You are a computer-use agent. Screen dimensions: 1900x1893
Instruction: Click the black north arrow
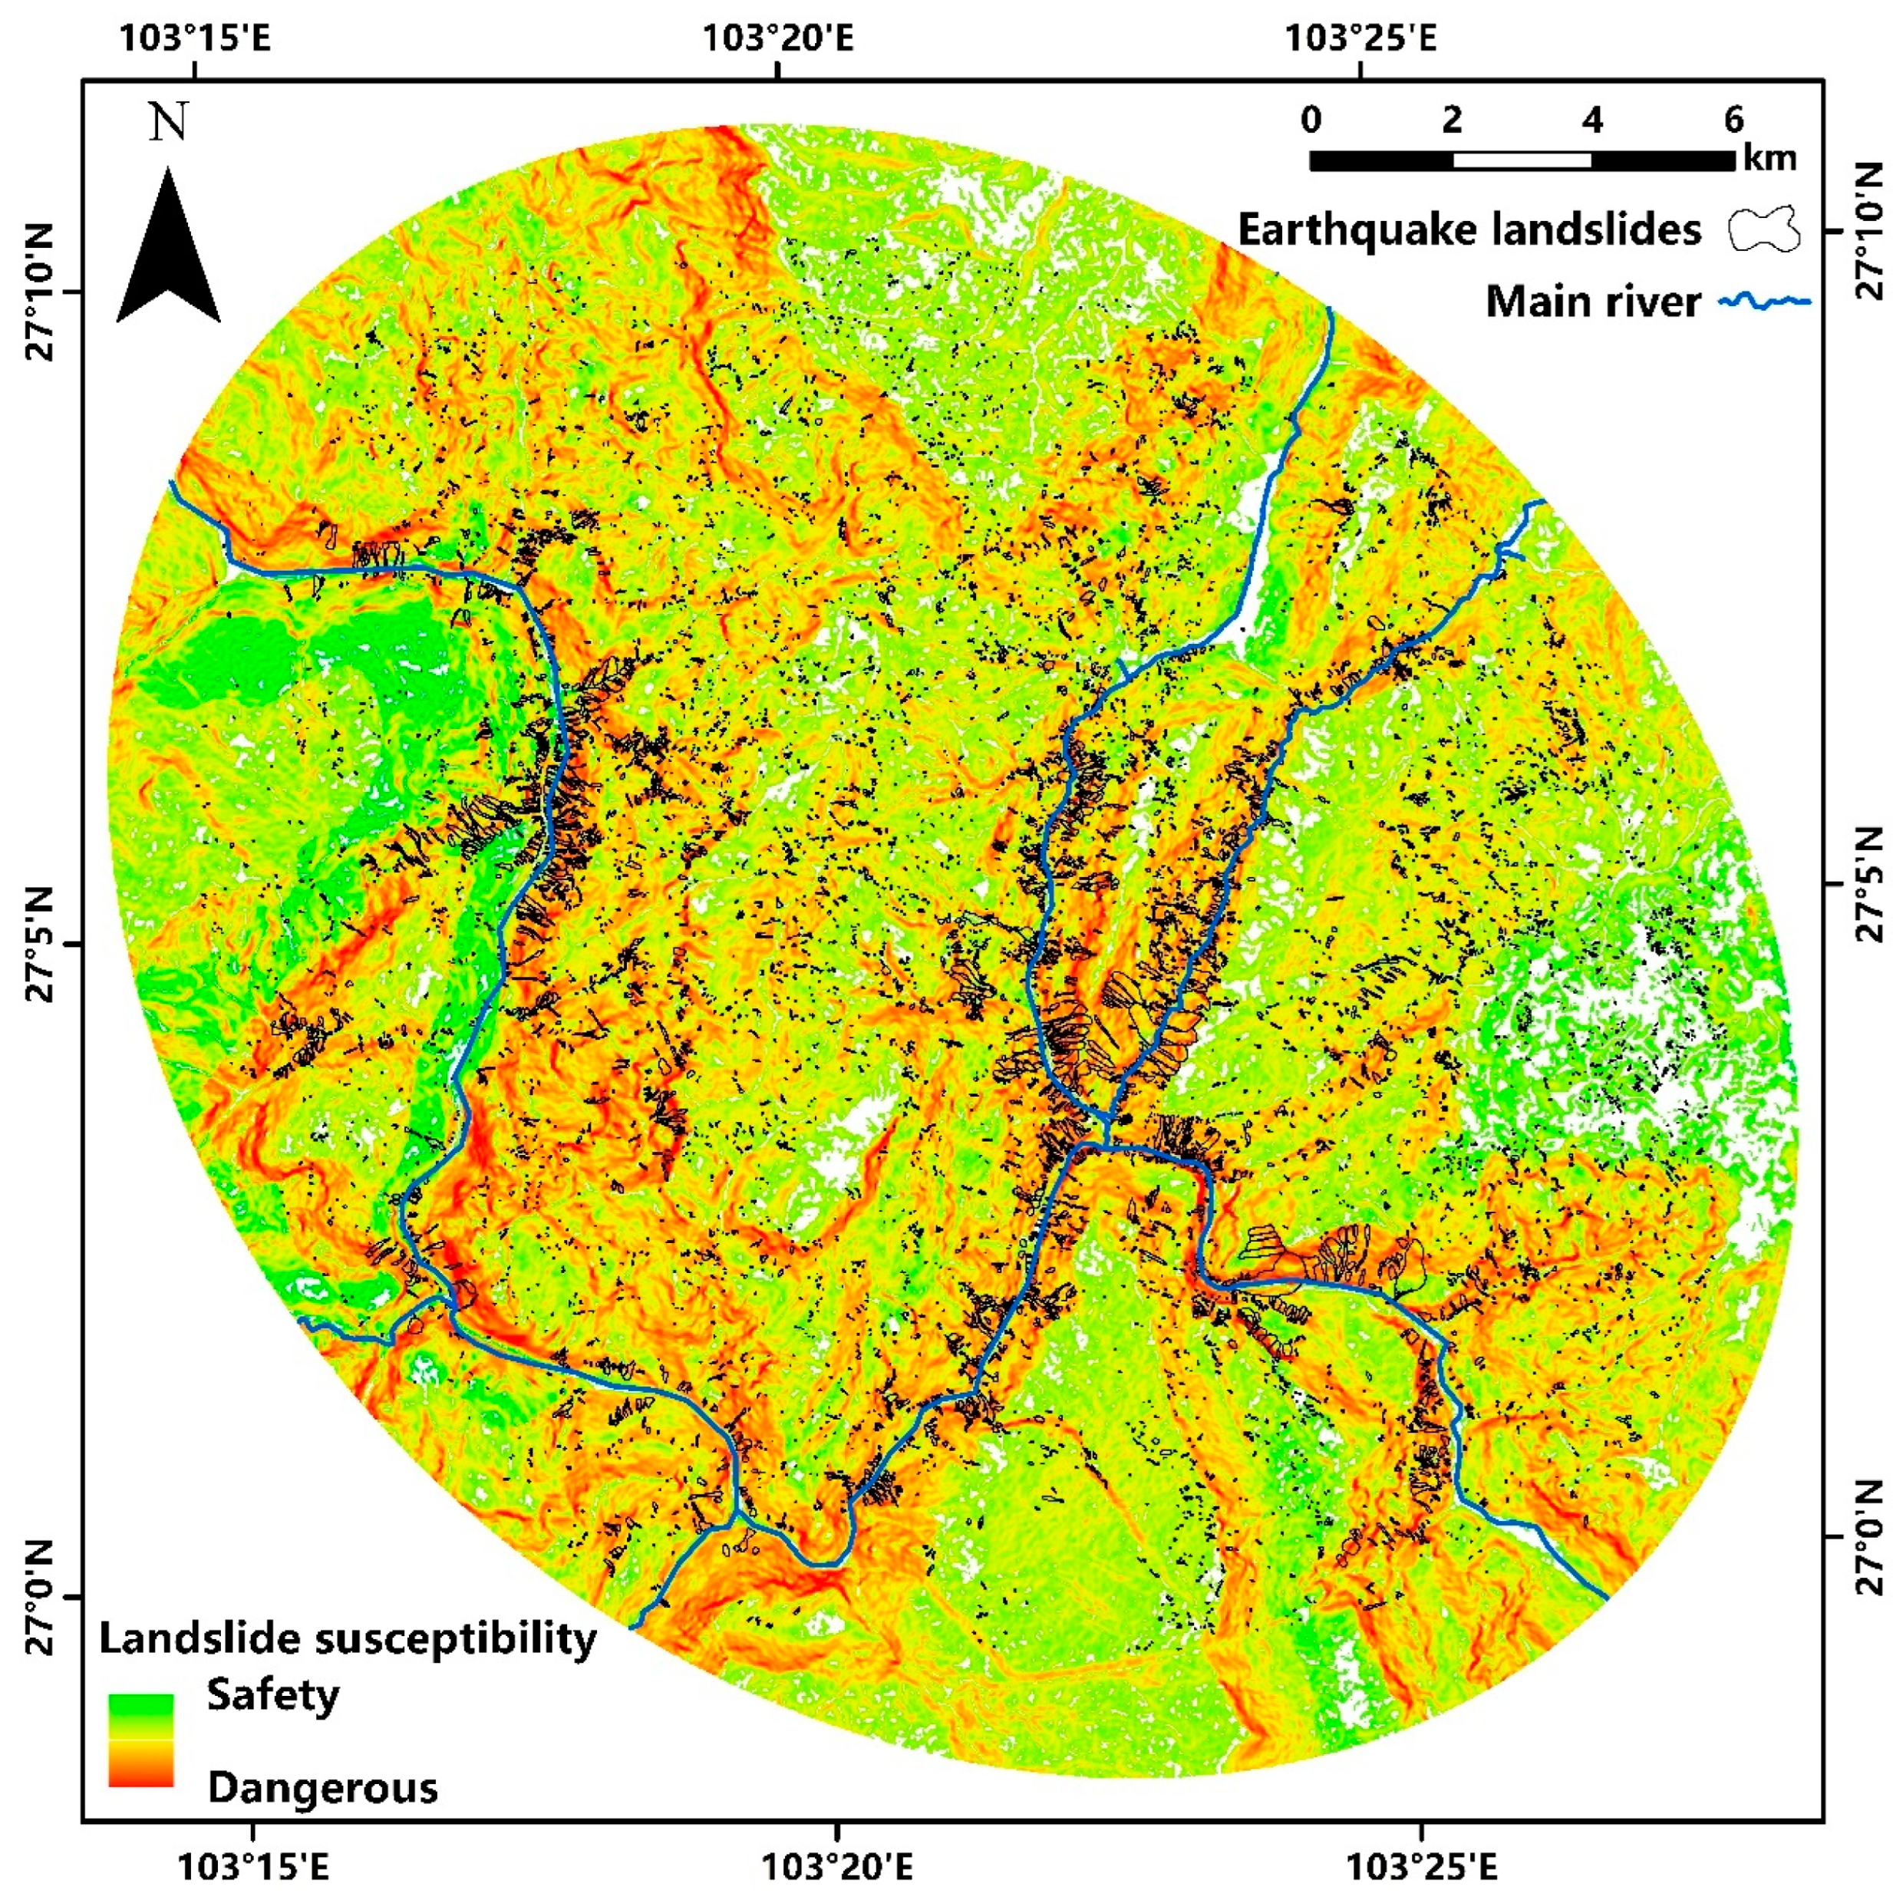point(168,251)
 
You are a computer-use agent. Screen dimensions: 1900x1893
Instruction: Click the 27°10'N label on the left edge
point(41,293)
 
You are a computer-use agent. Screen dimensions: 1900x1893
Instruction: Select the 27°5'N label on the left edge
point(41,944)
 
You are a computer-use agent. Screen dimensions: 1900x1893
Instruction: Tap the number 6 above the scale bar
point(1733,120)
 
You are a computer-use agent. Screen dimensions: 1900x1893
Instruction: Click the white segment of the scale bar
point(1522,160)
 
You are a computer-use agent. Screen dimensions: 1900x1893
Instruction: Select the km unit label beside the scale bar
point(1769,157)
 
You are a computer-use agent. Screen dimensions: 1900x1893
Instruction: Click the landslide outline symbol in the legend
point(1763,230)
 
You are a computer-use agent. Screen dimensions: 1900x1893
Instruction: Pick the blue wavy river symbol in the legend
point(1764,302)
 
